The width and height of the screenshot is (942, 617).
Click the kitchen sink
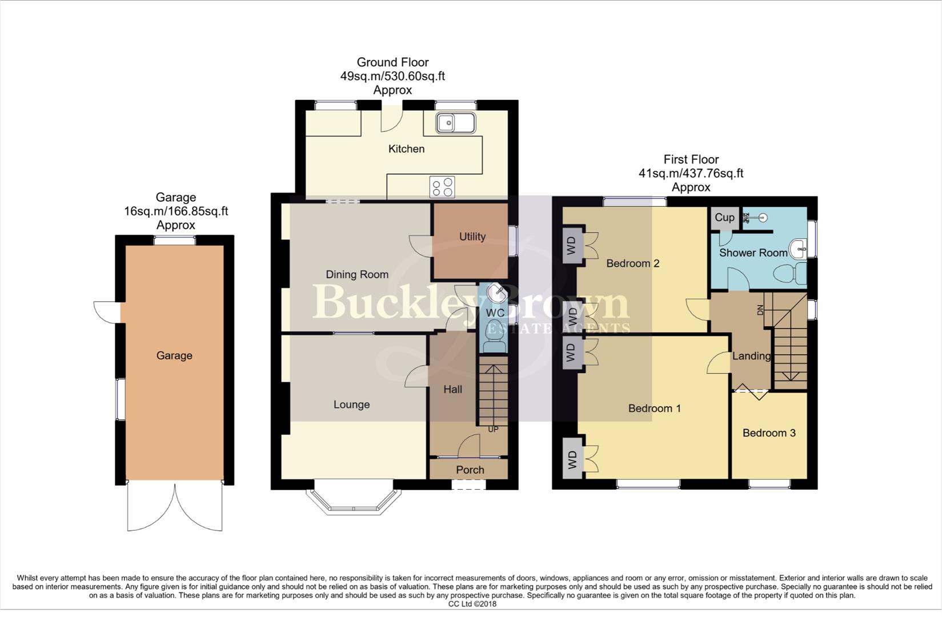pyautogui.click(x=455, y=123)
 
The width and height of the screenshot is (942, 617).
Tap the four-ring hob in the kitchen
pyautogui.click(x=442, y=187)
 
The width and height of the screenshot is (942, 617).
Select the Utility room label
pyautogui.click(x=472, y=237)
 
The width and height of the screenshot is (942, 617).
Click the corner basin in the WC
pyautogui.click(x=497, y=293)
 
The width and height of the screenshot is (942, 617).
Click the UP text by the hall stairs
pyautogui.click(x=493, y=429)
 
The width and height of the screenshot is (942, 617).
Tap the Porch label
pyautogui.click(x=470, y=470)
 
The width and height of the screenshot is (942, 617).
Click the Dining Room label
pyautogui.click(x=357, y=274)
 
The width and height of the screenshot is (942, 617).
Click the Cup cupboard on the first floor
pyautogui.click(x=724, y=217)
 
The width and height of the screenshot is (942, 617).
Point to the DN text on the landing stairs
pyautogui.click(x=760, y=310)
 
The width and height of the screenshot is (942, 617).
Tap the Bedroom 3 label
pyautogui.click(x=769, y=432)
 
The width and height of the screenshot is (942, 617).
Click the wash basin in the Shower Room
pyautogui.click(x=798, y=249)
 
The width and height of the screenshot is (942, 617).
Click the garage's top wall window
pyautogui.click(x=174, y=241)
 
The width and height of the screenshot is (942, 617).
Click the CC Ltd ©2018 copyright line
pyautogui.click(x=472, y=604)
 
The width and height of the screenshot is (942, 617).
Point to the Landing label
pyautogui.click(x=751, y=356)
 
